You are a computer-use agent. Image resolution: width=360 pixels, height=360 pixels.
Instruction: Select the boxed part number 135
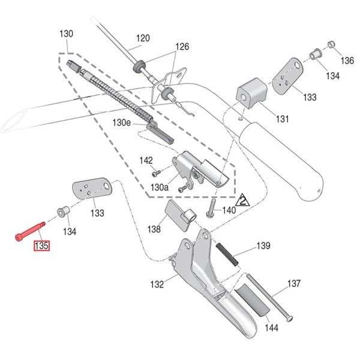click(x=41, y=245)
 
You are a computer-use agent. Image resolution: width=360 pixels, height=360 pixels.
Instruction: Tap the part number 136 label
click(x=347, y=61)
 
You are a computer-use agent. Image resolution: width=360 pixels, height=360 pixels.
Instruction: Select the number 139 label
click(x=263, y=246)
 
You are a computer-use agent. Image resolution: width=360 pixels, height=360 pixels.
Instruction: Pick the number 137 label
click(x=294, y=283)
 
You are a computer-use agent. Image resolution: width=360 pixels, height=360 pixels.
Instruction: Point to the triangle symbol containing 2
click(x=243, y=200)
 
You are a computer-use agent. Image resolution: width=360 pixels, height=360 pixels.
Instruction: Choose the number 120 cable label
click(x=142, y=40)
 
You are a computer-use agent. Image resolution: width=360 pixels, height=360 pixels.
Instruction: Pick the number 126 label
click(x=182, y=47)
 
